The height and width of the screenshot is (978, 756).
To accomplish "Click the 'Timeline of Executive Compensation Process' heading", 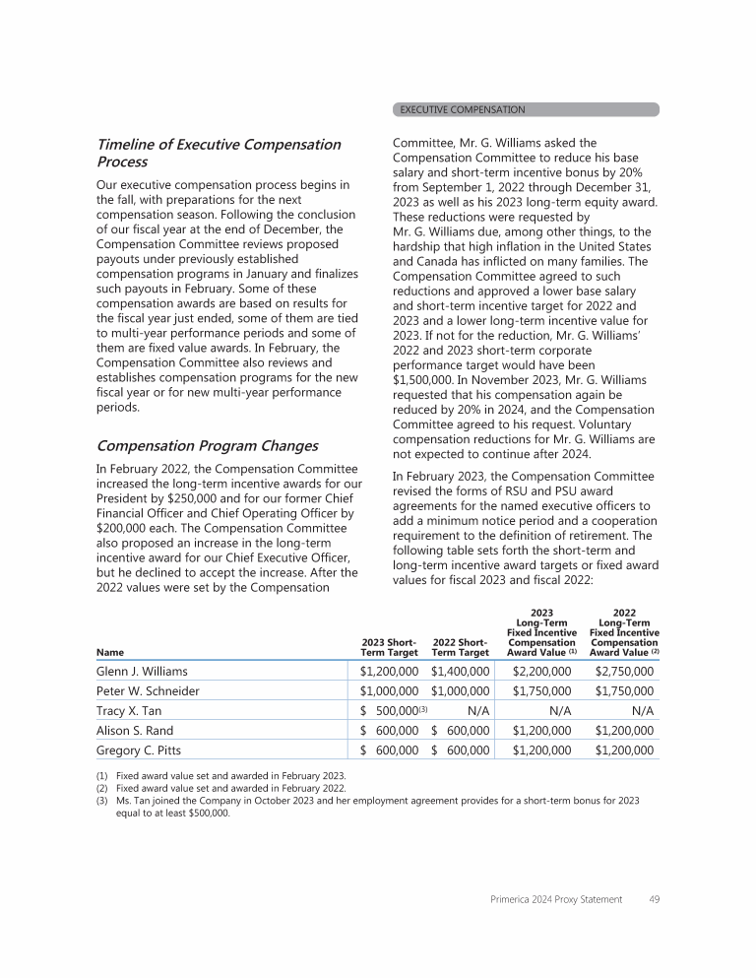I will (219, 153).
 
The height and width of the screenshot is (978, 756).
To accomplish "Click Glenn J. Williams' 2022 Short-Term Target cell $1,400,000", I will (460, 672).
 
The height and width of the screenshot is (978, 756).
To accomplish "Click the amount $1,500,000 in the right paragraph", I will (428, 377).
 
